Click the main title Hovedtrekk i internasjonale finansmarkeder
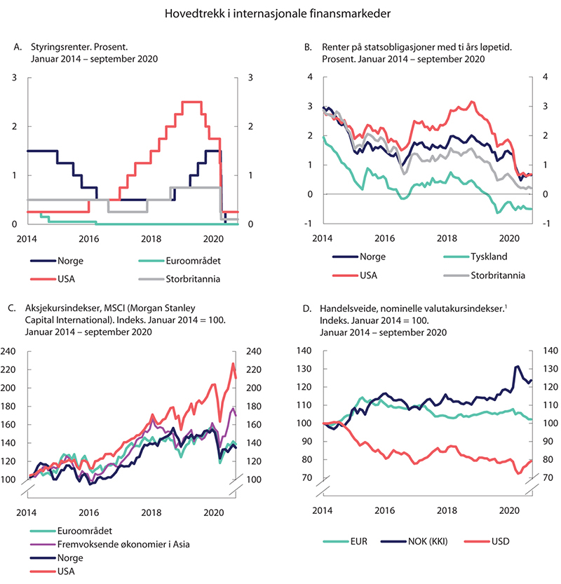[280, 13]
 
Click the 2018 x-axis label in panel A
[150, 239]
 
